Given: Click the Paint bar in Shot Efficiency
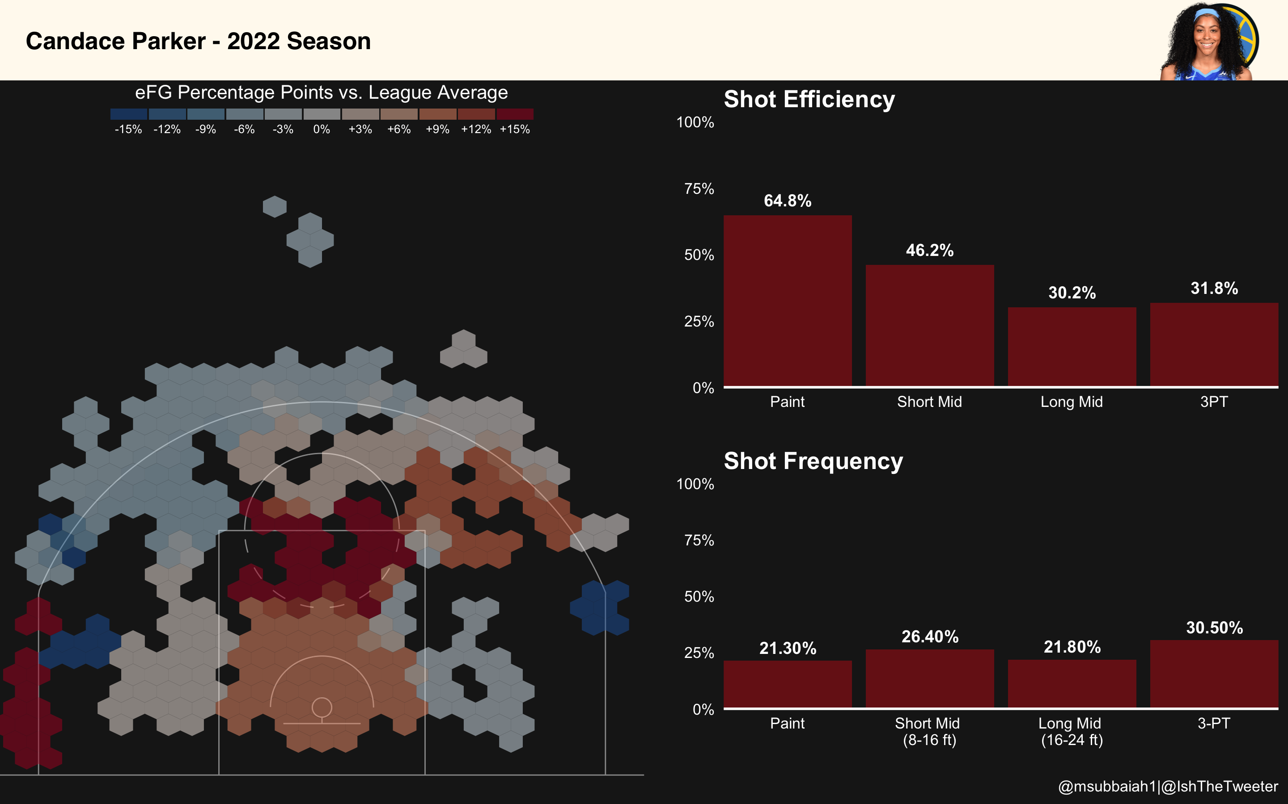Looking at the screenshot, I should [x=787, y=301].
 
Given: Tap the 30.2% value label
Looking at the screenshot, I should [x=1072, y=293].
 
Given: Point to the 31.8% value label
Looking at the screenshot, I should [x=1214, y=289].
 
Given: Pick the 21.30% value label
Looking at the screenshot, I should [x=787, y=648].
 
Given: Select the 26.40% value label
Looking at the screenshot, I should [x=929, y=636].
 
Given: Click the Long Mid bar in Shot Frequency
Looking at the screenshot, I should [x=1072, y=683].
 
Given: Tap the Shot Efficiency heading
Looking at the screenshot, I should [x=809, y=100].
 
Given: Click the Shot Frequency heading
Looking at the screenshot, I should [x=813, y=461].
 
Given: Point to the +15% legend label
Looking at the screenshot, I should [x=515, y=129].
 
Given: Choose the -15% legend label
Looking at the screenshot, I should [x=128, y=129].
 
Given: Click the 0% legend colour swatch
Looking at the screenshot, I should [x=322, y=114].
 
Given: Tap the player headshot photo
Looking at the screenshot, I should [x=1207, y=42].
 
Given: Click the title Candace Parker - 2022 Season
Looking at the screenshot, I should [x=198, y=42].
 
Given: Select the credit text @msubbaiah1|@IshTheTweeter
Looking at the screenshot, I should [x=1168, y=787].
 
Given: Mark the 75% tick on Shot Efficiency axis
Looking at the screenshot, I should [x=699, y=189].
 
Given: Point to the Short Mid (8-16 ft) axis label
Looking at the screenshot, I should [x=929, y=731].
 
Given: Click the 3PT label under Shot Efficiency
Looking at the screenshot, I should [x=1214, y=402].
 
